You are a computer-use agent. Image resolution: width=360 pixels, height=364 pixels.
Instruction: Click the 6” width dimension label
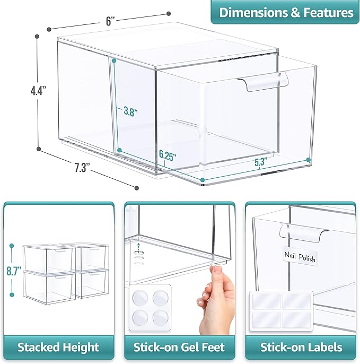click(110, 21)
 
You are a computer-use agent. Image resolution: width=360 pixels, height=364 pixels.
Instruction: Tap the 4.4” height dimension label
click(38, 90)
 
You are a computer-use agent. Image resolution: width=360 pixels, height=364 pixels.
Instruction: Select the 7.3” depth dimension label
click(82, 168)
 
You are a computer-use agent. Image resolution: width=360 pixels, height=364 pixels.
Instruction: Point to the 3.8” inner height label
click(130, 111)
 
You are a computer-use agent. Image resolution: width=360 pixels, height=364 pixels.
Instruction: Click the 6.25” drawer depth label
click(168, 155)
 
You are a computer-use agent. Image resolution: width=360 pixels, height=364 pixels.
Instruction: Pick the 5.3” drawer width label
click(261, 161)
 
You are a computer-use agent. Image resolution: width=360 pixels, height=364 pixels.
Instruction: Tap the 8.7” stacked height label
click(14, 271)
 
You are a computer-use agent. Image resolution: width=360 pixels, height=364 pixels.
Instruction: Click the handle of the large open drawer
click(263, 82)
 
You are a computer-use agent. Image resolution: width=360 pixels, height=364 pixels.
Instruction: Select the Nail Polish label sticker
click(300, 257)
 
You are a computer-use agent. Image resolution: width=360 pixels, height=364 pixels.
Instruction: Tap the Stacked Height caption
click(58, 347)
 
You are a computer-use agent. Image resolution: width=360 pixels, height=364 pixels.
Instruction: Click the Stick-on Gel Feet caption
click(179, 347)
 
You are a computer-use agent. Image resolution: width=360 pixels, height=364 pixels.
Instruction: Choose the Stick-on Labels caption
click(301, 347)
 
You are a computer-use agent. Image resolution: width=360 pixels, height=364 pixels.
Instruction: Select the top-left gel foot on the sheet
click(140, 298)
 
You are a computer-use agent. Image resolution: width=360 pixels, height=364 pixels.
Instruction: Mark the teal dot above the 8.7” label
click(12, 246)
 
